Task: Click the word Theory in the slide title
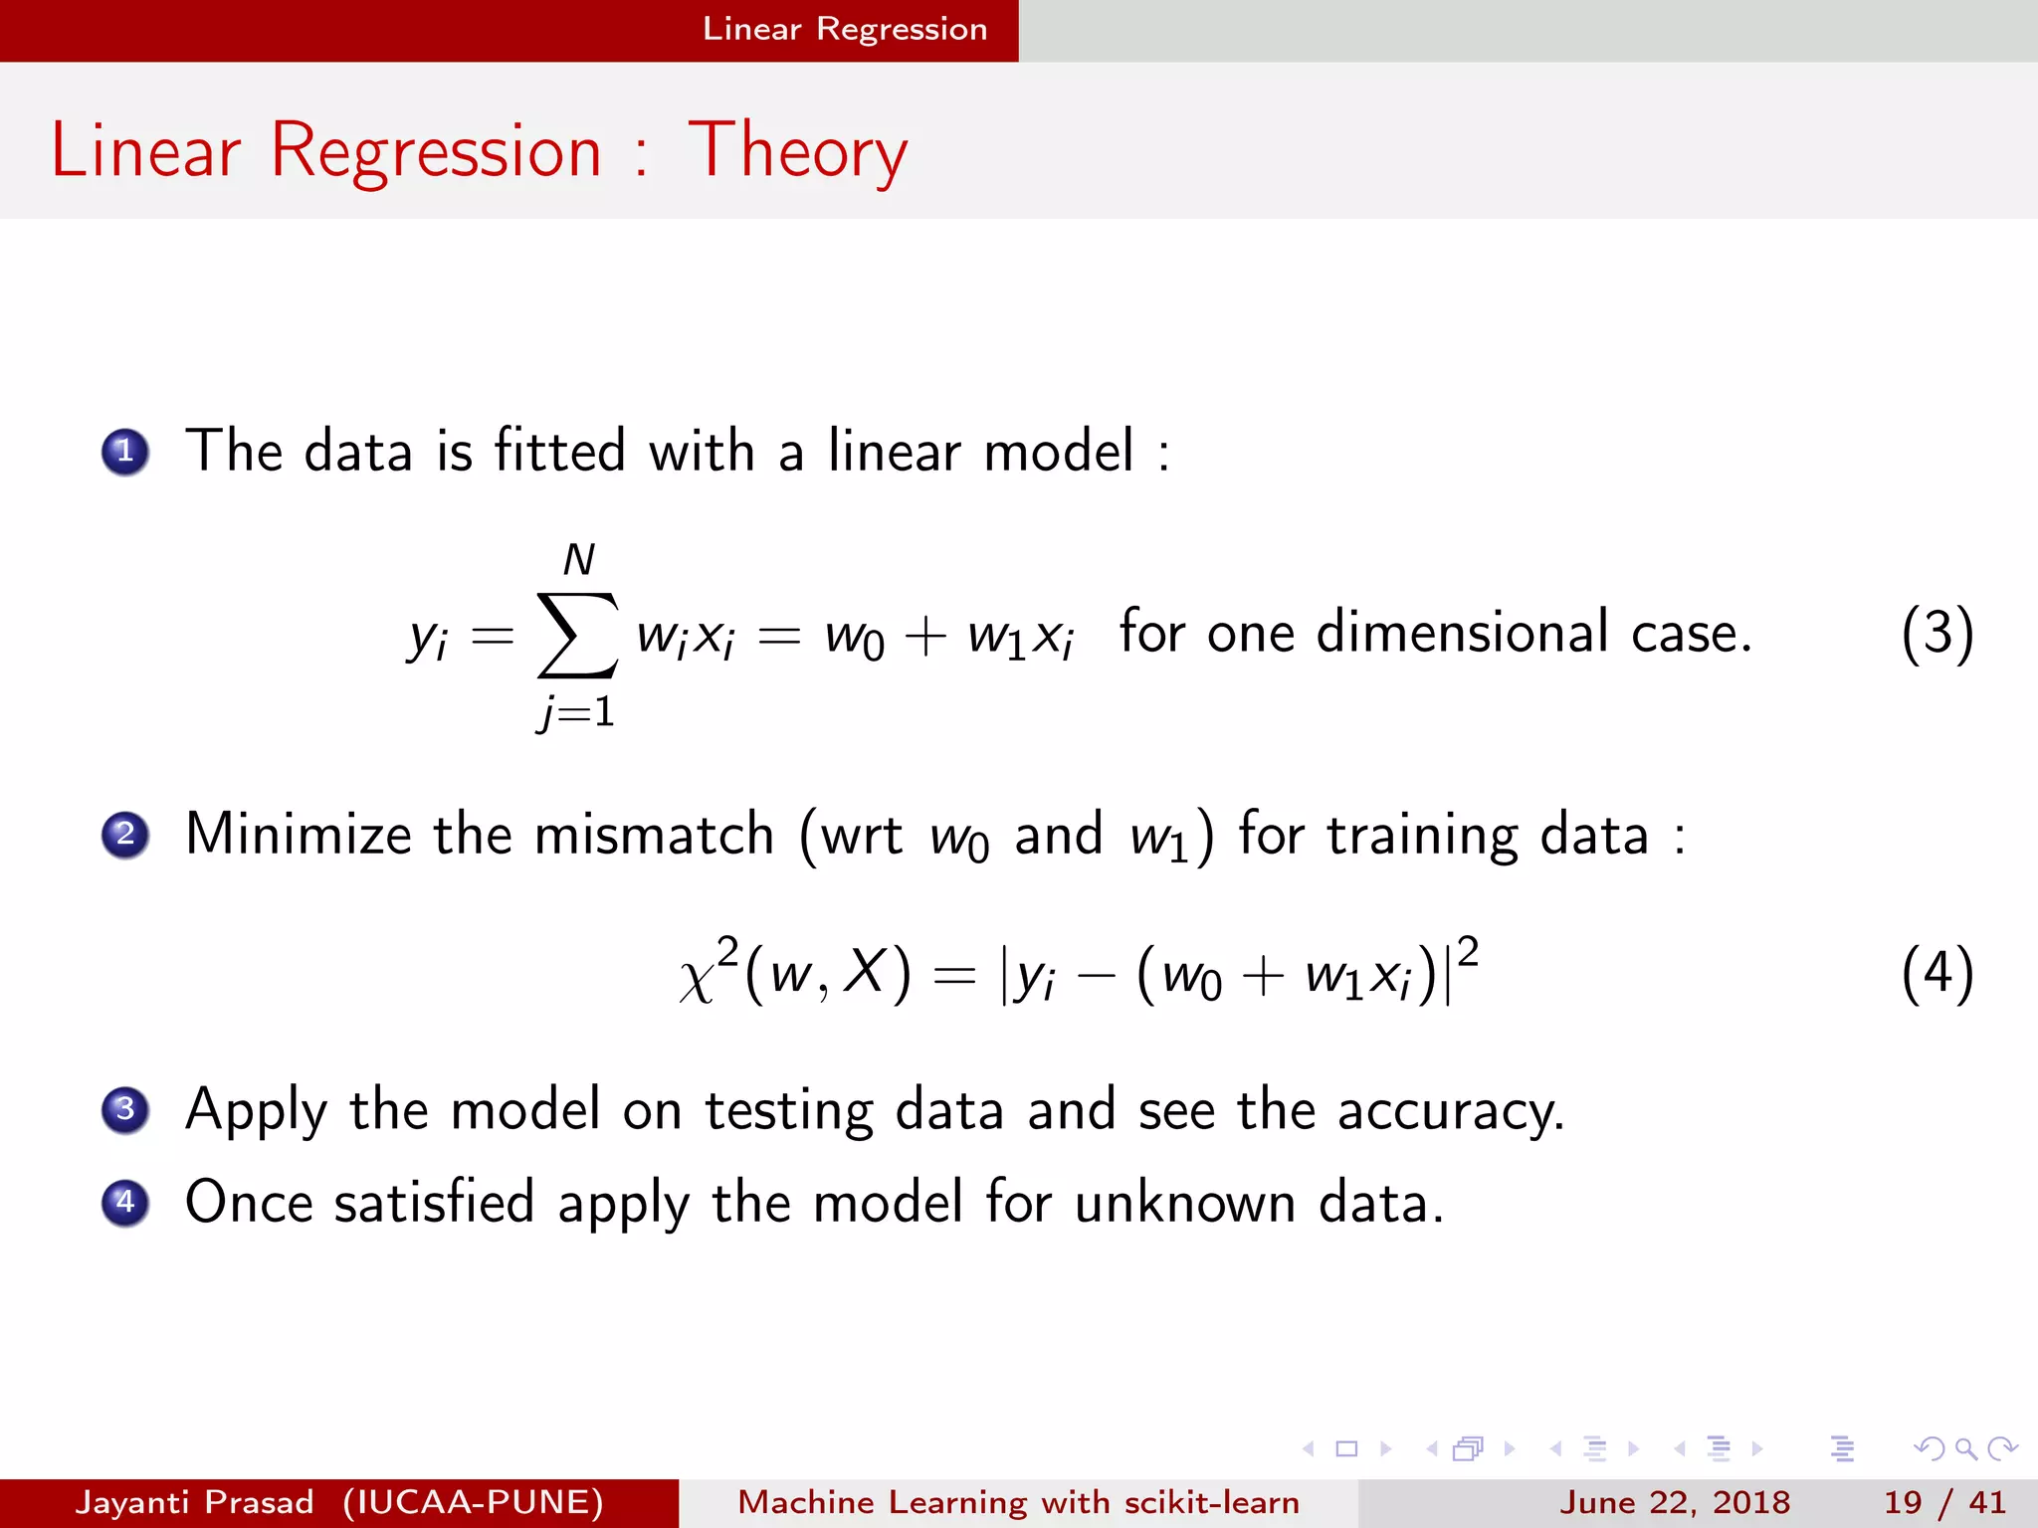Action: pyautogui.click(x=797, y=151)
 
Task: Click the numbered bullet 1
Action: pyautogui.click(x=125, y=452)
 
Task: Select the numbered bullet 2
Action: pyautogui.click(x=125, y=834)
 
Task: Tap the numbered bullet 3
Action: pyautogui.click(x=125, y=1109)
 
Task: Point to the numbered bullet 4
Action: pyautogui.click(x=125, y=1202)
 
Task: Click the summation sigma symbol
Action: pyautogui.click(x=577, y=635)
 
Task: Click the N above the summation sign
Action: pyautogui.click(x=578, y=560)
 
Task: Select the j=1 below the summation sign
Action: pyautogui.click(x=576, y=712)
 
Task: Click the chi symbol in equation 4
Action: pyautogui.click(x=698, y=979)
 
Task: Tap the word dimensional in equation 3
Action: pyautogui.click(x=1462, y=633)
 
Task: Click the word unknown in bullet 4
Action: pyautogui.click(x=1185, y=1203)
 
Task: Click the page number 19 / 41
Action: pyautogui.click(x=1943, y=1502)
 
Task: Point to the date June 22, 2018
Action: pyautogui.click(x=1674, y=1502)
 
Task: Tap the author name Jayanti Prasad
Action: pyautogui.click(x=195, y=1502)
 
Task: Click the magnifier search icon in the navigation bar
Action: pyautogui.click(x=1965, y=1448)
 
